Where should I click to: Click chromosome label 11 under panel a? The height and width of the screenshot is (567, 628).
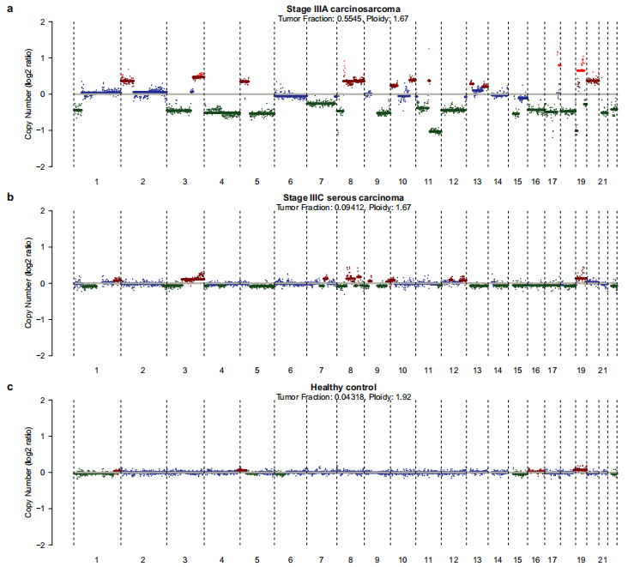(x=428, y=182)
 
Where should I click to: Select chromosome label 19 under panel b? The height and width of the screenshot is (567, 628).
(x=581, y=371)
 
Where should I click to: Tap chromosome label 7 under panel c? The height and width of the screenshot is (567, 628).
(x=321, y=561)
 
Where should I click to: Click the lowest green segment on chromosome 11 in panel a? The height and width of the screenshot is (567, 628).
(x=435, y=131)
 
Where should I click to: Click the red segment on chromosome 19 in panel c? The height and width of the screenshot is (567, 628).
(x=581, y=469)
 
